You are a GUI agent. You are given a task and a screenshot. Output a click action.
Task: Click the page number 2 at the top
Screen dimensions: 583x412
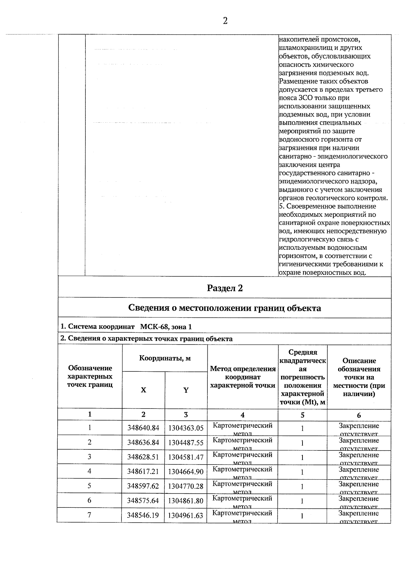tap(225, 21)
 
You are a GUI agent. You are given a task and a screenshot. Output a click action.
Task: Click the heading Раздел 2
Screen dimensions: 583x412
tap(225, 288)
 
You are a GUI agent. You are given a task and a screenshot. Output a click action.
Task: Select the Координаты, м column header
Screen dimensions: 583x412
tap(165, 358)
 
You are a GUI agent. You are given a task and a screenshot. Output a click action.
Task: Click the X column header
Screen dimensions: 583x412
tap(144, 390)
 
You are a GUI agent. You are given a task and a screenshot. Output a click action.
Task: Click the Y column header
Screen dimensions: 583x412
tap(186, 390)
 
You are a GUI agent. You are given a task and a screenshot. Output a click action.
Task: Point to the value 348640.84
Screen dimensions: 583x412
tap(143, 428)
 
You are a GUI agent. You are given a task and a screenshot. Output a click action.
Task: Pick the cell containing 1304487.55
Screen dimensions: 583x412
tap(186, 443)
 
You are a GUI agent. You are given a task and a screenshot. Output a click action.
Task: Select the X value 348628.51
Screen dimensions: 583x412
tap(143, 457)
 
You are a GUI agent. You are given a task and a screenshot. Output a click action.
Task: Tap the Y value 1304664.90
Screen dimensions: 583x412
tap(186, 472)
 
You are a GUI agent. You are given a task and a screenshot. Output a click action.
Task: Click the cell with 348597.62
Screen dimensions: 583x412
tap(143, 486)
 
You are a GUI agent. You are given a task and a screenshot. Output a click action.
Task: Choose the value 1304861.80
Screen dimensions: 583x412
tap(186, 501)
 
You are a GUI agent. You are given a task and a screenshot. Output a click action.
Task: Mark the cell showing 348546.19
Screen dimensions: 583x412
tap(143, 515)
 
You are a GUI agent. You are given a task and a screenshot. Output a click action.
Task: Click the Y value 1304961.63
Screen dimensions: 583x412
tap(186, 515)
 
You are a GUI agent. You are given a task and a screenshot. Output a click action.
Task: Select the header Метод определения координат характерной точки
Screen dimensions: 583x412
tap(243, 377)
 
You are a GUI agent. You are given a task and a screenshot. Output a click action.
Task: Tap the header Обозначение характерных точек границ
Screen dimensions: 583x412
tap(90, 376)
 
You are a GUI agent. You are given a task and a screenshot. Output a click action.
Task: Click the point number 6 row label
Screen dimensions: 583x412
tap(90, 501)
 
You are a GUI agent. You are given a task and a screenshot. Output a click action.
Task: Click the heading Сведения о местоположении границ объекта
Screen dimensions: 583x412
tap(225, 308)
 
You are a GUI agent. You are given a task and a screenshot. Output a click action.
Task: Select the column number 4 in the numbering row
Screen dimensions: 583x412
tap(242, 415)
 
